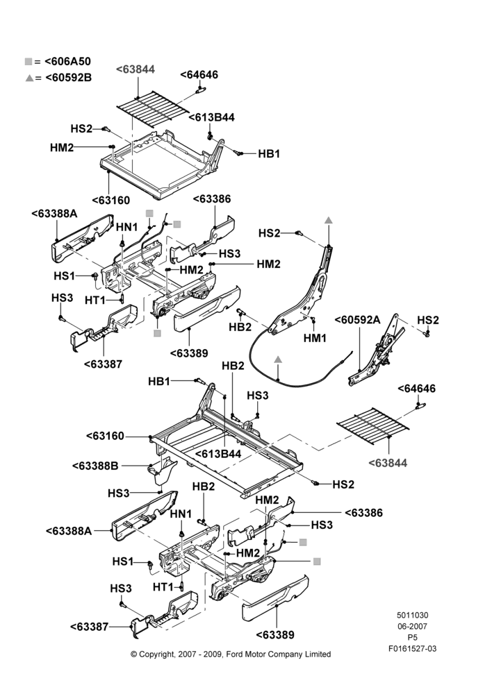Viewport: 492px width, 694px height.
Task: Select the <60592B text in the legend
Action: point(68,78)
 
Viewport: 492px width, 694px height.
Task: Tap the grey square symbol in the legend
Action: point(28,62)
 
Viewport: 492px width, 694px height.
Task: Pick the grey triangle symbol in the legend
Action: point(29,78)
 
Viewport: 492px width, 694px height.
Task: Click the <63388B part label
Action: point(95,466)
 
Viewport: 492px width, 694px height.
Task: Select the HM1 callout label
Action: point(315,338)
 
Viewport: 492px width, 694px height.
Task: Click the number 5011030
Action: point(412,615)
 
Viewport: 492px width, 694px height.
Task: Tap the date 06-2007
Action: point(412,626)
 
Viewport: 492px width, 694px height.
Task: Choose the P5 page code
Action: point(412,638)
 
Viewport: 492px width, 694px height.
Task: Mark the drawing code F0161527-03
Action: point(412,649)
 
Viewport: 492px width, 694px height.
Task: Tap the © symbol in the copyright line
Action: point(133,654)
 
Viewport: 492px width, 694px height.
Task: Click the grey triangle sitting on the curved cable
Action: point(278,359)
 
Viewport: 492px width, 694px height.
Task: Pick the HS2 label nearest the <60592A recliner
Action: point(428,320)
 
